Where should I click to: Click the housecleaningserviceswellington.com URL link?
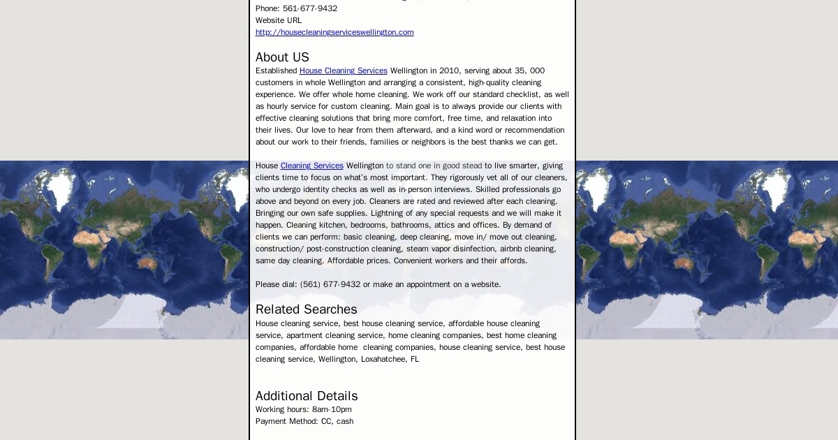[x=335, y=32]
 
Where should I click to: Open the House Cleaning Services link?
[x=343, y=71]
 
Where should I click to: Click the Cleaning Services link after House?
[x=311, y=166]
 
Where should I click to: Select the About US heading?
[x=282, y=57]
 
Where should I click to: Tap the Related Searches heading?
[x=306, y=309]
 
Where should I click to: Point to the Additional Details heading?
[x=307, y=396]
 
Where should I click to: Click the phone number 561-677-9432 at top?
[x=310, y=8]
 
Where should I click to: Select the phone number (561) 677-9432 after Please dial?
[x=330, y=284]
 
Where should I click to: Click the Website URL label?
[x=279, y=20]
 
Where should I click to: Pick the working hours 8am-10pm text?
[x=332, y=409]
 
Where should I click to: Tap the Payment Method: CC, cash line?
[x=304, y=421]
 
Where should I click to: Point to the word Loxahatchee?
[x=382, y=359]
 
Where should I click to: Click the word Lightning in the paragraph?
[x=386, y=213]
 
